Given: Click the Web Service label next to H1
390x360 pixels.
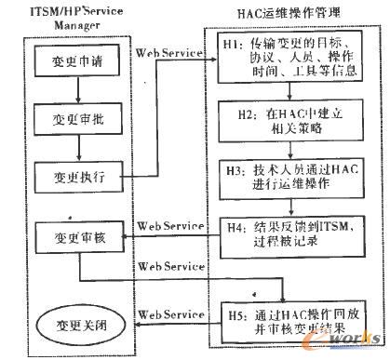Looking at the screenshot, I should point(169,52).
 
